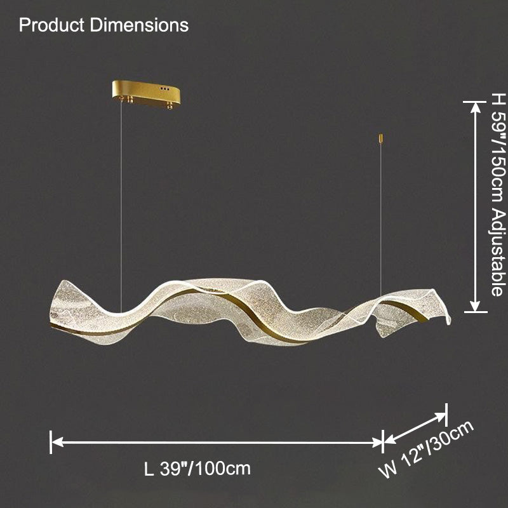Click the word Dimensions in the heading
[x=139, y=25]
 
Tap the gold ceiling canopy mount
[x=147, y=93]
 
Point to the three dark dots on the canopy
[x=164, y=88]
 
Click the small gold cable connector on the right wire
[x=381, y=138]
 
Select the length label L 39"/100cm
[x=197, y=469]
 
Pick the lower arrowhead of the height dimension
[x=475, y=305]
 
